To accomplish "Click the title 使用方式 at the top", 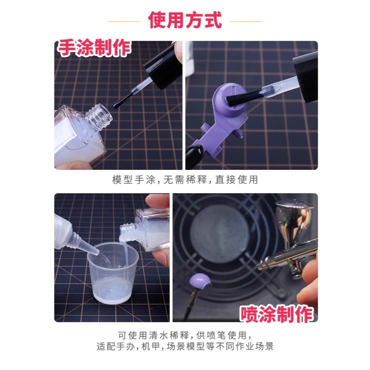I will [185, 20].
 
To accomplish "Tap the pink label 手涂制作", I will [94, 48].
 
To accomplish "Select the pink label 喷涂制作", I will [276, 314].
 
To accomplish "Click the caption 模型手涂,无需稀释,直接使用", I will [185, 180].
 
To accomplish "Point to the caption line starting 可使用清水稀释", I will [185, 336].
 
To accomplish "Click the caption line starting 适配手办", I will [185, 347].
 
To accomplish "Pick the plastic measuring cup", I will [113, 272].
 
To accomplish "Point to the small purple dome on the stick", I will [200, 282].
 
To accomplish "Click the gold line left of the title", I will [124, 21].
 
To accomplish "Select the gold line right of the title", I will [246, 21].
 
